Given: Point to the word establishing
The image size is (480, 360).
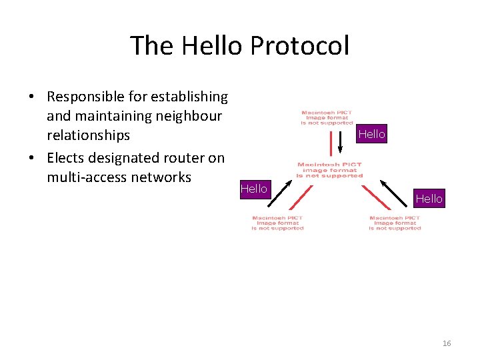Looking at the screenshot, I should tap(189, 97).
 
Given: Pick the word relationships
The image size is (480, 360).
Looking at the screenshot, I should tap(89, 135).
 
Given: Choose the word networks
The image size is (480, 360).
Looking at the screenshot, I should tap(162, 177).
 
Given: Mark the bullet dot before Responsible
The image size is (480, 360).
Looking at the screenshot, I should tap(32, 97).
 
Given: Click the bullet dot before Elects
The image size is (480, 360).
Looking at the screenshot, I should tap(32, 159).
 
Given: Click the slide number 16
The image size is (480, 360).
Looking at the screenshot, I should tap(447, 343).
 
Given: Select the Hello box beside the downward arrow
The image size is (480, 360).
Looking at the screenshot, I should tap(371, 134).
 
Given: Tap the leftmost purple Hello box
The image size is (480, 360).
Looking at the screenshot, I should tap(253, 189).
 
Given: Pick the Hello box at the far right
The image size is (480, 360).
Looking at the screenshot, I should tap(429, 198).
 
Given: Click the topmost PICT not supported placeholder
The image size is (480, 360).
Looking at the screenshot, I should tap(327, 118).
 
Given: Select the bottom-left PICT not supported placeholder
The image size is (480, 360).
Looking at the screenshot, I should tap(277, 223).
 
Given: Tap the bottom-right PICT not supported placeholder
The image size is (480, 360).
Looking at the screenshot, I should tap(395, 223).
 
